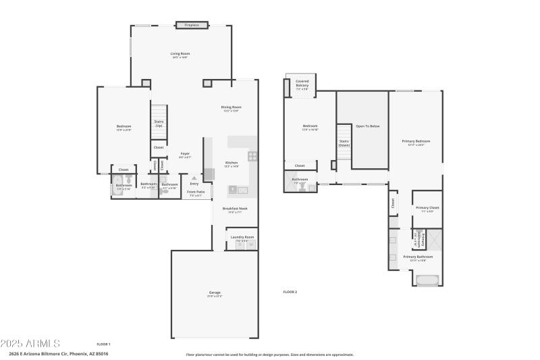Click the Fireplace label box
(x=192, y=26)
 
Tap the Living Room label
(x=180, y=53)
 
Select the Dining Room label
(x=232, y=107)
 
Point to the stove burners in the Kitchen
(x=252, y=155)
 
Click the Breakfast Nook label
(x=234, y=209)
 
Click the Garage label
(x=215, y=292)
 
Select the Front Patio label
(x=195, y=192)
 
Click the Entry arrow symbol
(x=194, y=178)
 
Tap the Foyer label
(x=185, y=154)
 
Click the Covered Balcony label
(x=302, y=82)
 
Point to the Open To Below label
(x=368, y=126)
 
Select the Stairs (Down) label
(x=344, y=143)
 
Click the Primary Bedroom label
(x=416, y=141)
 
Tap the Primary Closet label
(x=427, y=208)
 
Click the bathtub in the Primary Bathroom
(x=427, y=280)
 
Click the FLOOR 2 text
(x=290, y=292)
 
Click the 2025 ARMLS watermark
(x=30, y=344)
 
